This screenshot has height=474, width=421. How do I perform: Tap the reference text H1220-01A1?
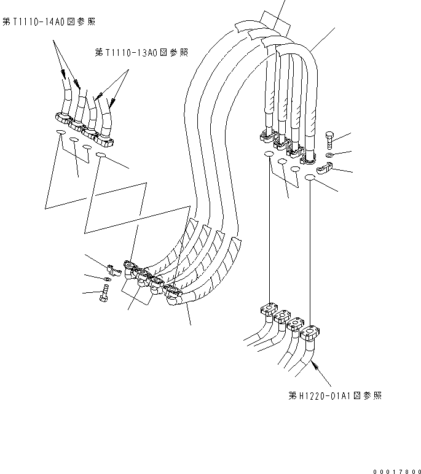pos(335,396)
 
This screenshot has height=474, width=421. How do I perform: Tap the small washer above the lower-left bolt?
pos(108,279)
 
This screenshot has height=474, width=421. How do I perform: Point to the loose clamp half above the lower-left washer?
pos(111,268)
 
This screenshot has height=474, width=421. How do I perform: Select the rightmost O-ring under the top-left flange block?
pos(101,157)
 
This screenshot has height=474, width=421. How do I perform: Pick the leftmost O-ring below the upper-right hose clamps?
pos(269,155)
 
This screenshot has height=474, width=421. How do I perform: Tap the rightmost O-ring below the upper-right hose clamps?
pos(310,178)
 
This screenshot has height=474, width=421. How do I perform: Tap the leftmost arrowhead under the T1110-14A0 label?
pos(63,74)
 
